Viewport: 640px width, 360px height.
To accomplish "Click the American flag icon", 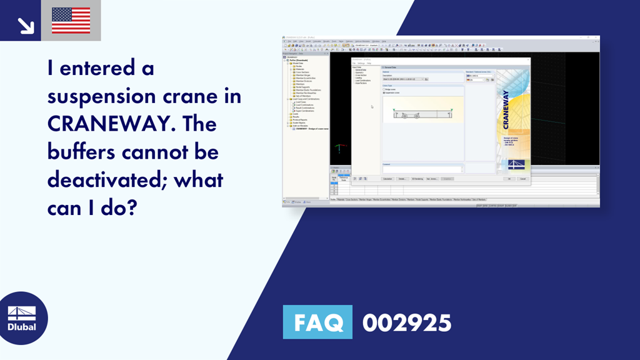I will pyautogui.click(x=71, y=21).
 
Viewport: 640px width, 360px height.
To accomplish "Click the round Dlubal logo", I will pyautogui.click(x=22, y=317).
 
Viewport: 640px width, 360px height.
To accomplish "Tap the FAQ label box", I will pyautogui.click(x=317, y=322).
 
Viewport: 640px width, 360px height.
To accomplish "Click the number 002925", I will pyautogui.click(x=406, y=322).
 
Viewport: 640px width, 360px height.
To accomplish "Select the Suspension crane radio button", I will pyautogui.click(x=384, y=93).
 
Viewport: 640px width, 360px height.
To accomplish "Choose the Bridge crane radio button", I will pyautogui.click(x=384, y=89).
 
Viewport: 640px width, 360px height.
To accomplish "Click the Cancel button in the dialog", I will pyautogui.click(x=522, y=179).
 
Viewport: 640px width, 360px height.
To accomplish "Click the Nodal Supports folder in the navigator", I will pyautogui.click(x=304, y=87).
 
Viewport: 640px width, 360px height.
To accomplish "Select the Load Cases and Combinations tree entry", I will pyautogui.click(x=307, y=99).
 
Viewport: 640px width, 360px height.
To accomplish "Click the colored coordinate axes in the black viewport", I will pyautogui.click(x=339, y=148).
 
